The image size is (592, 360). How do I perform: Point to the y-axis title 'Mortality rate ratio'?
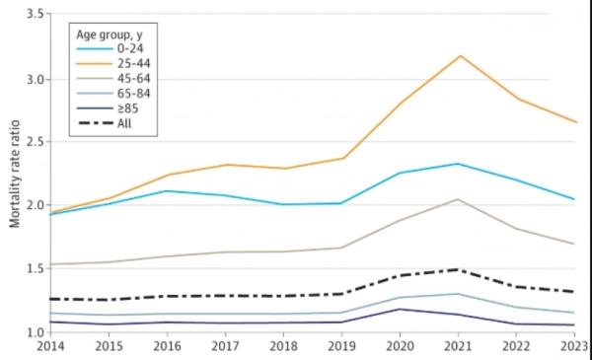coord(15,172)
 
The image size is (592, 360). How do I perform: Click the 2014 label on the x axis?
coord(48,347)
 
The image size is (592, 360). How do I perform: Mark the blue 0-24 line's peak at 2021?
coord(458,164)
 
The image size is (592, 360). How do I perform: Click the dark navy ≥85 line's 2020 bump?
coord(400,309)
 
